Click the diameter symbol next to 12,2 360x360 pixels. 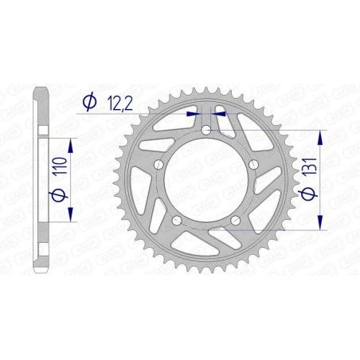pos(89,101)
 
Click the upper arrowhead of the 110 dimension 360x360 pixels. pos(72,143)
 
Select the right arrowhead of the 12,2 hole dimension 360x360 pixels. pos(219,115)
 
